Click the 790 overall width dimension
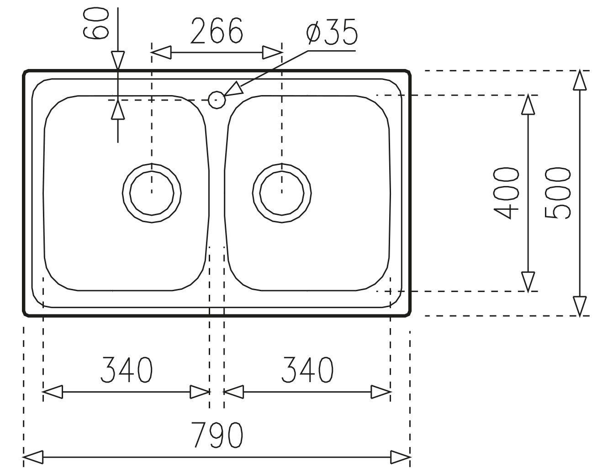click(217, 435)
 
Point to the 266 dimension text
click(217, 32)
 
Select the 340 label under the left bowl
click(127, 370)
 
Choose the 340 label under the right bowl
click(307, 370)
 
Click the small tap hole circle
click(217, 99)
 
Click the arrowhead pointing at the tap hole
click(233, 90)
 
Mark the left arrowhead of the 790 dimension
click(33, 456)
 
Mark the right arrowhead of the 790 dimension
click(400, 456)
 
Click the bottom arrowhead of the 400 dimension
click(528, 282)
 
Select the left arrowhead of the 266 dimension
click(161, 52)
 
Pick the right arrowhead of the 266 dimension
click(272, 52)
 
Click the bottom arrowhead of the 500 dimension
click(580, 305)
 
